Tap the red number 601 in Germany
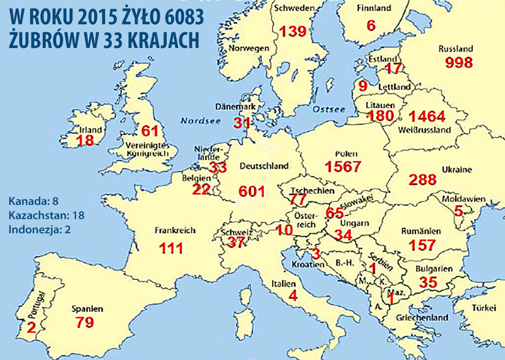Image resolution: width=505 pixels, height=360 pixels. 253,191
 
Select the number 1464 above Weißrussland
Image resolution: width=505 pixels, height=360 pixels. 427,117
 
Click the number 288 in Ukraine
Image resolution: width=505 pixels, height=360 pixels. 423,179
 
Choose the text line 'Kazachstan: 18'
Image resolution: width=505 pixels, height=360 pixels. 47,215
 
